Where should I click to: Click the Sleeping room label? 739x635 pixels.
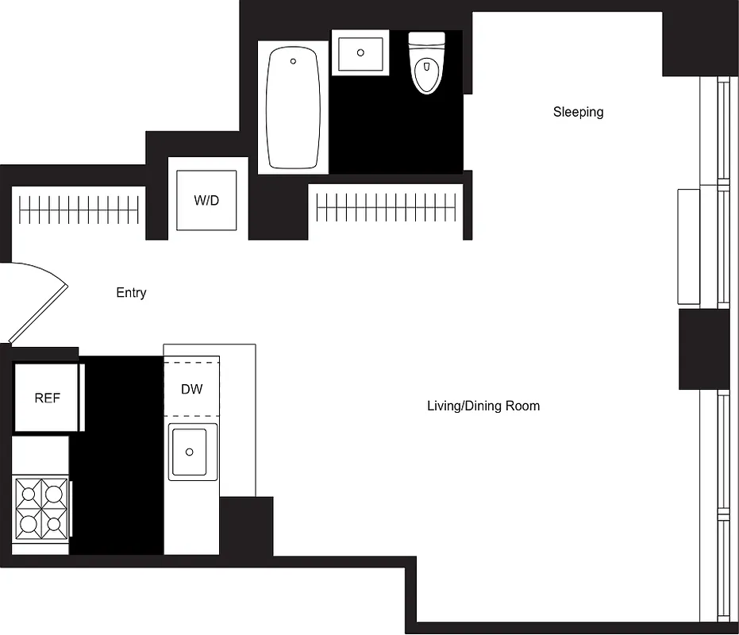[578, 112]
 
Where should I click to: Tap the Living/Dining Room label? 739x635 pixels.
[483, 406]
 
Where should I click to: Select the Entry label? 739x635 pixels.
[131, 293]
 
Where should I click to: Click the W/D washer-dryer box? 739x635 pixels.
[206, 200]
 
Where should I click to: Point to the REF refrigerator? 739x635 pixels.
[47, 398]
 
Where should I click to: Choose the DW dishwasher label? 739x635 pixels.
[191, 389]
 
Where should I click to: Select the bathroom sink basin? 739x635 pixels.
[360, 53]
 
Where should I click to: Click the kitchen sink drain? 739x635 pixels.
[189, 452]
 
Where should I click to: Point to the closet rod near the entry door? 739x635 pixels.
[79, 210]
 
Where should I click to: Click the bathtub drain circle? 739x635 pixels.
[293, 61]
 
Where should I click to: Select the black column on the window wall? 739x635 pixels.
[703, 349]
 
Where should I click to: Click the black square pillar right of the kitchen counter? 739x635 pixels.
[246, 525]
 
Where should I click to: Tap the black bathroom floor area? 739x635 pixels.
[397, 127]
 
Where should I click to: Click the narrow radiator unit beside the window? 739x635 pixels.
[688, 246]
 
